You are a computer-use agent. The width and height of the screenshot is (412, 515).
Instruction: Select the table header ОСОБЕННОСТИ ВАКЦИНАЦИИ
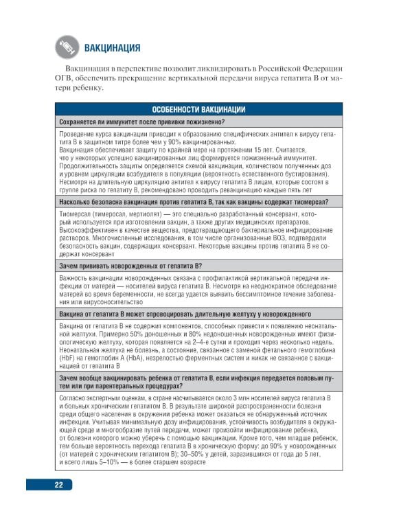pos(198,110)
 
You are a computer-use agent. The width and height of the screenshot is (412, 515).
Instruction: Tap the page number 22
pos(60,484)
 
